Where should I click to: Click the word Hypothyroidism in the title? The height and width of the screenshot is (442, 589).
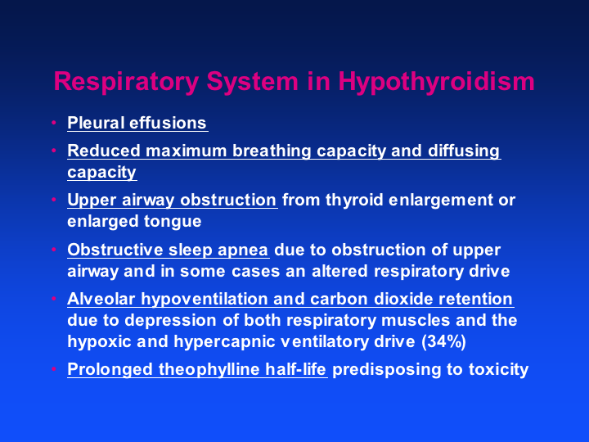pyautogui.click(x=436, y=82)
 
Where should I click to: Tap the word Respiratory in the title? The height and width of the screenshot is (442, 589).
pyautogui.click(x=126, y=82)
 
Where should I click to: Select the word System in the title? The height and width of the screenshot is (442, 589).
pyautogui.click(x=253, y=82)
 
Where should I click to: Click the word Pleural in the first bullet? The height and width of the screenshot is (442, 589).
pyautogui.click(x=96, y=123)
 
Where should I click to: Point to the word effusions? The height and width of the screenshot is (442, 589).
pyautogui.click(x=168, y=123)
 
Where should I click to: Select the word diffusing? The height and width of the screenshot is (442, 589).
pyautogui.click(x=464, y=151)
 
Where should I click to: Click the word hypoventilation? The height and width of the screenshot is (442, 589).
pyautogui.click(x=205, y=300)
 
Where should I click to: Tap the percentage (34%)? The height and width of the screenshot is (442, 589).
pyautogui.click(x=443, y=341)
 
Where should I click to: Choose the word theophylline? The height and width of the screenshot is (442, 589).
pyautogui.click(x=209, y=369)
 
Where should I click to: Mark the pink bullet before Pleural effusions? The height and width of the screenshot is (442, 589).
pyautogui.click(x=54, y=123)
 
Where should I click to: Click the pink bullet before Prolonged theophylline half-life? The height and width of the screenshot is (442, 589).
pyautogui.click(x=54, y=368)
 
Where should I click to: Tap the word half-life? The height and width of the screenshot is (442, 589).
pyautogui.click(x=295, y=368)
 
